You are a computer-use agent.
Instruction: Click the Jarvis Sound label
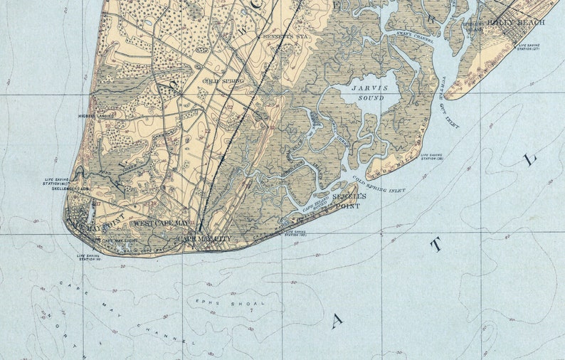tap(366, 92)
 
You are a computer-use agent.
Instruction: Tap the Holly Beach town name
tap(525, 23)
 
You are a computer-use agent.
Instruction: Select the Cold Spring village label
tap(223, 81)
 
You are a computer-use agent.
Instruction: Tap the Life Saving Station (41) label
tap(60, 182)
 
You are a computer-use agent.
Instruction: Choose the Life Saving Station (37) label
tap(529, 48)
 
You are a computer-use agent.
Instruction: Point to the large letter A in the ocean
tap(336, 320)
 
